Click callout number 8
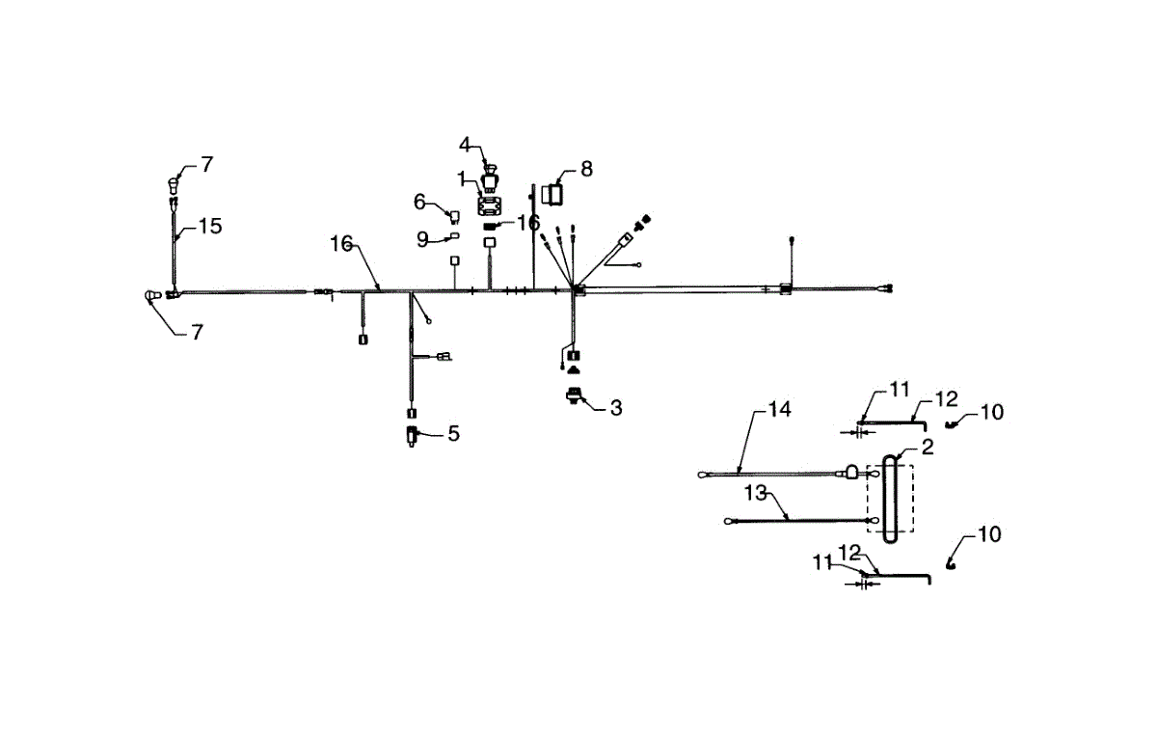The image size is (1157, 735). (586, 170)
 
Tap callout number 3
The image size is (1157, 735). (615, 408)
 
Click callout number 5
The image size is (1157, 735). (453, 434)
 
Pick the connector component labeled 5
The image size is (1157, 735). (413, 436)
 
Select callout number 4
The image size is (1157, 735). (466, 145)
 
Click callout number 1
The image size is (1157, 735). (462, 178)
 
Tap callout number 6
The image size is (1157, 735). (419, 202)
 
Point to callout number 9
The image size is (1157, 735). (422, 239)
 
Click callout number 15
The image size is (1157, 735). (210, 226)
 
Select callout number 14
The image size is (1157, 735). (779, 410)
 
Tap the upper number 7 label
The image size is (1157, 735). (207, 165)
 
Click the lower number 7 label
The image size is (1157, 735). (197, 333)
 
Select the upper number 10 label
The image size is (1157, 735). (991, 412)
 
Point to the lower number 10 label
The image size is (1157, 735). (988, 533)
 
